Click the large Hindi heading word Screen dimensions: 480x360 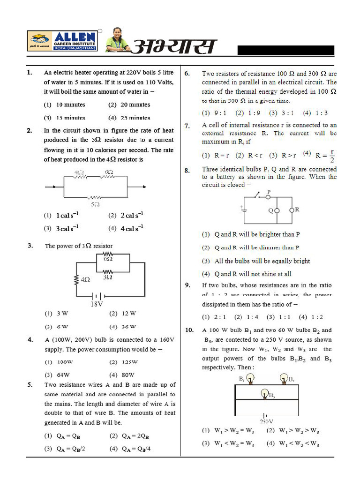174,47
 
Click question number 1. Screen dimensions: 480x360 30,73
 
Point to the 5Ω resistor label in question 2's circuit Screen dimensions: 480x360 95,204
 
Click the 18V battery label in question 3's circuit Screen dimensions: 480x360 97,304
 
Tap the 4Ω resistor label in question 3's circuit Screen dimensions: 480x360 85,279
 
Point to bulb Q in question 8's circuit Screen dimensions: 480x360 277,210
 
